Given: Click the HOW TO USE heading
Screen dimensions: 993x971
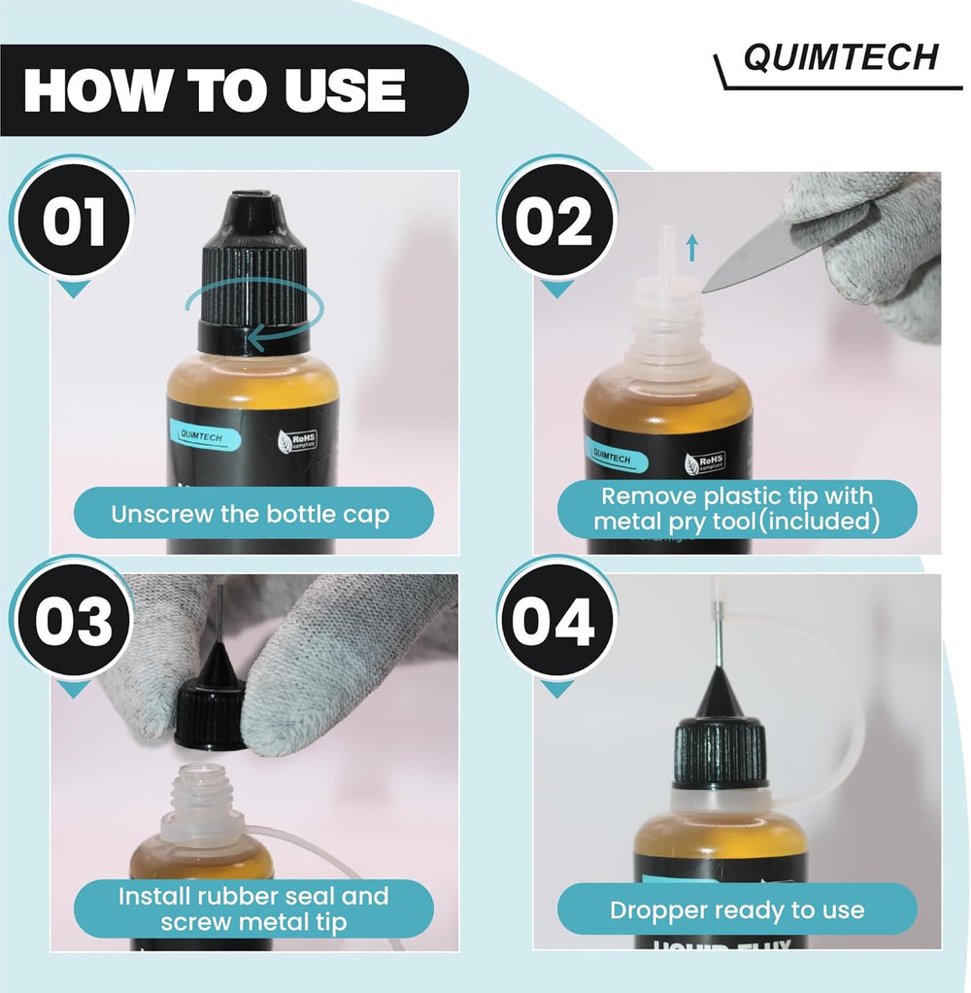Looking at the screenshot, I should (x=214, y=91).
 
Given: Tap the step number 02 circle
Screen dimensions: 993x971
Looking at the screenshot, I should (x=553, y=223).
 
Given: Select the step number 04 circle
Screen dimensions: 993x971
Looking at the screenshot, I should (x=553, y=623).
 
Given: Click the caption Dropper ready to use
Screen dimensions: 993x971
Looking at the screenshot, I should (x=736, y=910).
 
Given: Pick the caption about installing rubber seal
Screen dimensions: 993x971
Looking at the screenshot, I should (x=253, y=908).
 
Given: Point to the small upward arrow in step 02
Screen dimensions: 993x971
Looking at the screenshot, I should (x=691, y=250).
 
